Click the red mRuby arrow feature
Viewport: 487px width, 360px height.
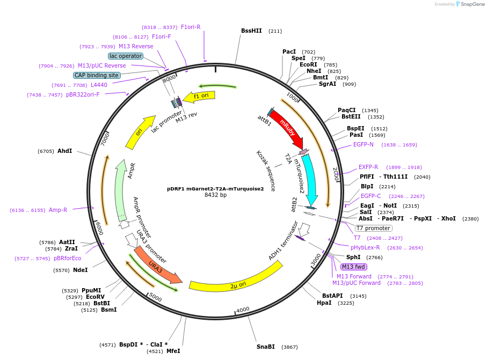coord(286,129)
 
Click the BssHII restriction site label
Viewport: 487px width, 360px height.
coord(251,31)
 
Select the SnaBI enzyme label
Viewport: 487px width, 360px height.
coord(265,347)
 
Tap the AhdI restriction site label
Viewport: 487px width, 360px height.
coord(64,151)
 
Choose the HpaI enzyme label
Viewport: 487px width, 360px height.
coord(324,303)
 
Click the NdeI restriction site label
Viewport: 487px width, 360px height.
coord(80,270)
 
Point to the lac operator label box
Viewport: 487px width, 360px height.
coord(126,56)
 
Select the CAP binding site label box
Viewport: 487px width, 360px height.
coord(97,76)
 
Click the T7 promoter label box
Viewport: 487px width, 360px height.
coord(373,228)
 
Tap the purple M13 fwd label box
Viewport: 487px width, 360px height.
coord(354,267)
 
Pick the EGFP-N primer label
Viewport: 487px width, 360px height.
coord(364,145)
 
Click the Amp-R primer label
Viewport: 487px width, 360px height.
coord(58,210)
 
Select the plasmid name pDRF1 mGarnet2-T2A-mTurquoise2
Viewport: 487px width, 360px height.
coord(215,189)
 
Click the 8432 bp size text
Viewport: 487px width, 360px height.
coord(215,195)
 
